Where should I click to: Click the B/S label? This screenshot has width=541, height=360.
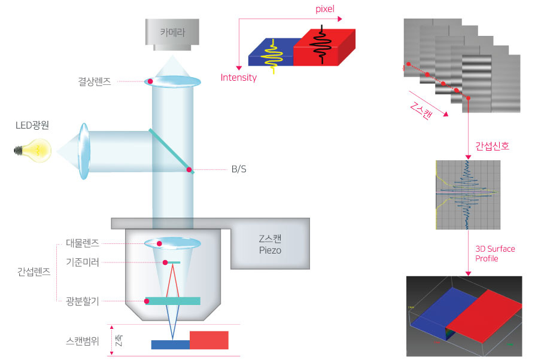(239, 170)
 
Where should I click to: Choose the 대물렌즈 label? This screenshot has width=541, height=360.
(83, 243)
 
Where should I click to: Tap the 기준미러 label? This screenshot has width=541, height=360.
(83, 262)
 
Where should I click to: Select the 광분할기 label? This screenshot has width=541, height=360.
(83, 301)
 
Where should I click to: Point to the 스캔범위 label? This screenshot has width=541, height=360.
(82, 343)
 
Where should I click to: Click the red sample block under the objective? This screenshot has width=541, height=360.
(209, 340)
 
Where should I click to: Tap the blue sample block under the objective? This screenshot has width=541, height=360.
(170, 344)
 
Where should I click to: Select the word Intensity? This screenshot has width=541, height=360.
(238, 78)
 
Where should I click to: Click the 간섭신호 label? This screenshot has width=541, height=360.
(492, 146)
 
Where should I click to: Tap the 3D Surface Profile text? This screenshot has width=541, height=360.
(495, 254)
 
